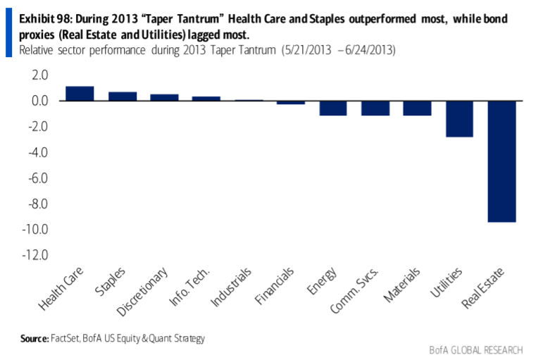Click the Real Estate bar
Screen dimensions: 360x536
(x=501, y=161)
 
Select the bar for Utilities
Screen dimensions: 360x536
(x=459, y=118)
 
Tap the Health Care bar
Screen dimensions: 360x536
(x=80, y=94)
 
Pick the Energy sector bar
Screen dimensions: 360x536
(x=332, y=108)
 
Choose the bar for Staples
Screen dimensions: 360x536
(x=122, y=97)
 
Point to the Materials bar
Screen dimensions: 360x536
(x=417, y=108)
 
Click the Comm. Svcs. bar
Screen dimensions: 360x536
(x=375, y=108)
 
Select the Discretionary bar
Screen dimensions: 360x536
(x=164, y=97)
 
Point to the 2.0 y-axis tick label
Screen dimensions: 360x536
(x=38, y=75)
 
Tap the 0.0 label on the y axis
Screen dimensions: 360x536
(x=38, y=101)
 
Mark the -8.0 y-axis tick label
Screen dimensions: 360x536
(x=36, y=204)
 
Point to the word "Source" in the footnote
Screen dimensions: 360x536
(x=33, y=338)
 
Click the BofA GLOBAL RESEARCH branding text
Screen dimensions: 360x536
(x=475, y=350)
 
